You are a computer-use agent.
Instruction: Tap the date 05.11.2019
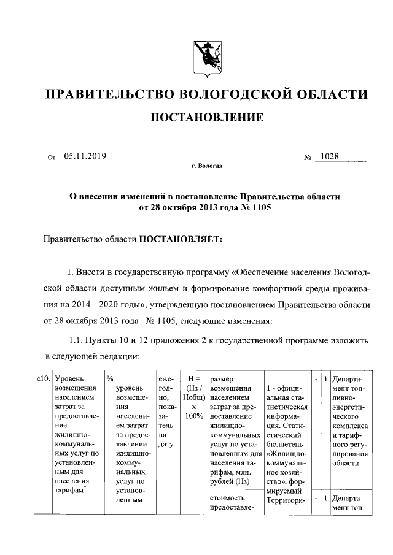coord(85,156)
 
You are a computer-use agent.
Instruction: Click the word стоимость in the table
coord(228,497)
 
